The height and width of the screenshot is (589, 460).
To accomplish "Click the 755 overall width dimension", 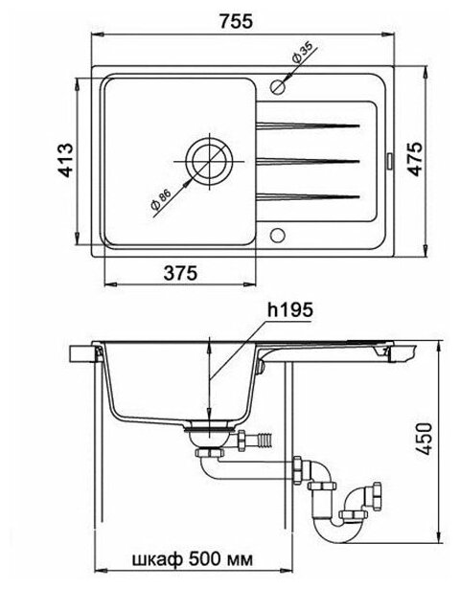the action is pos(236,21).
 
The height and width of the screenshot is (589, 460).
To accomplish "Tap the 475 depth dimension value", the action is pos(416,159).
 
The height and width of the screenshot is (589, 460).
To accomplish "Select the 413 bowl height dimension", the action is pos(65,160).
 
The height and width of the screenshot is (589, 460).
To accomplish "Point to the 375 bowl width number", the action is pos(180,273).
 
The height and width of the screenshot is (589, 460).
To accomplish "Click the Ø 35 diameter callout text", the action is pos(302,52).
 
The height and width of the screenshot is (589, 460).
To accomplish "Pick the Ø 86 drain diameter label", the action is pos(160,199).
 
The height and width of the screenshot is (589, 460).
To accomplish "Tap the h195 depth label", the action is pos(289,310).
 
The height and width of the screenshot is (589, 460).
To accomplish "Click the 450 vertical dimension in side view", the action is pos(425,440).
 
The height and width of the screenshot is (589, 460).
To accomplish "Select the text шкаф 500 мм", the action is pos(193,559).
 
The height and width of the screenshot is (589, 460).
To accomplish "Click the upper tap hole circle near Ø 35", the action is pos(278,87).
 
